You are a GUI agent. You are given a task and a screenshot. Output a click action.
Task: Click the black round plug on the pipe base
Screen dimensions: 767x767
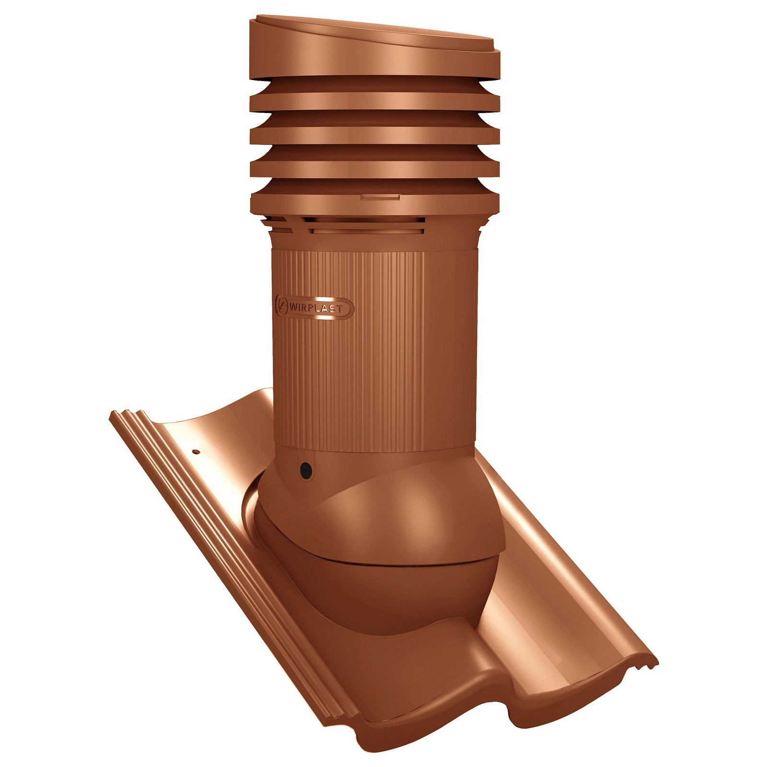click(305, 470)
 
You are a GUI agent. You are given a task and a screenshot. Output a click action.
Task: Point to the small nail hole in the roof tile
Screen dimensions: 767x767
click(196, 452)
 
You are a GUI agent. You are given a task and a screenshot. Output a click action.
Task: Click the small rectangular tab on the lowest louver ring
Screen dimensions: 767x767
click(380, 197)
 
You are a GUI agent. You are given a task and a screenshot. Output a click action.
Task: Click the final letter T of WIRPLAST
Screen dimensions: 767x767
click(339, 309)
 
